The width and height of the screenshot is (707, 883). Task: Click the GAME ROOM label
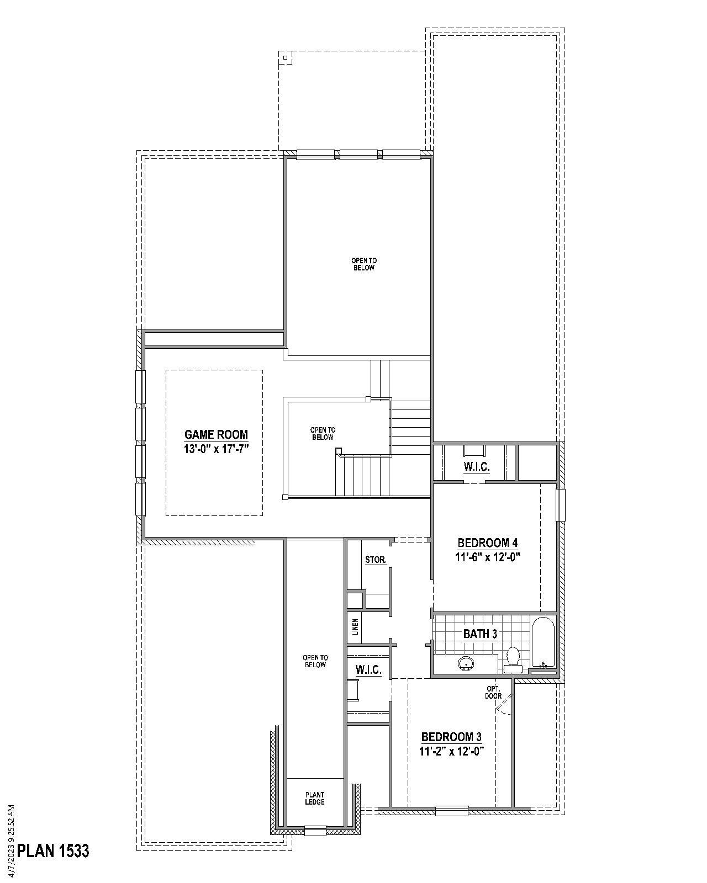tap(216, 434)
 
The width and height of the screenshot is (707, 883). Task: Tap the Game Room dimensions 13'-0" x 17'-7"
tap(216, 449)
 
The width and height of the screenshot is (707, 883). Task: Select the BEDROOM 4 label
tap(488, 542)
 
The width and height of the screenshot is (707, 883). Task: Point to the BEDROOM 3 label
tap(451, 737)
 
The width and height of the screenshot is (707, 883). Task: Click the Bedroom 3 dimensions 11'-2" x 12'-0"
tap(451, 751)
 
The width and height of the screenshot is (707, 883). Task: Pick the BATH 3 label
tap(480, 634)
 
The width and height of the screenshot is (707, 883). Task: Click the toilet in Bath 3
tap(513, 658)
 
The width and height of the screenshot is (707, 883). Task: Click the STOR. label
tap(376, 560)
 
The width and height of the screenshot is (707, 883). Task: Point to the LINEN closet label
tap(356, 626)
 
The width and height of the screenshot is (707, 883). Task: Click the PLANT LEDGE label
tap(315, 798)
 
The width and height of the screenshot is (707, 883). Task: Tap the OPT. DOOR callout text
tap(493, 692)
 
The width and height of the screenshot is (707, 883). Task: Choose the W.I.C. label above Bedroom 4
tap(476, 467)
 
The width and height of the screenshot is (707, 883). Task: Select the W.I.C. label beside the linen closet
tap(368, 669)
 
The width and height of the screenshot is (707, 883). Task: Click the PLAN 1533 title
tap(53, 850)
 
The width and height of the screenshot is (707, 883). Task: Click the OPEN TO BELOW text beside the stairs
tap(323, 433)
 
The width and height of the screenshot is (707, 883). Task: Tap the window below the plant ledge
tap(315, 831)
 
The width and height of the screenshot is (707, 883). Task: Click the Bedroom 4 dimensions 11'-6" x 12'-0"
tap(488, 557)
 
